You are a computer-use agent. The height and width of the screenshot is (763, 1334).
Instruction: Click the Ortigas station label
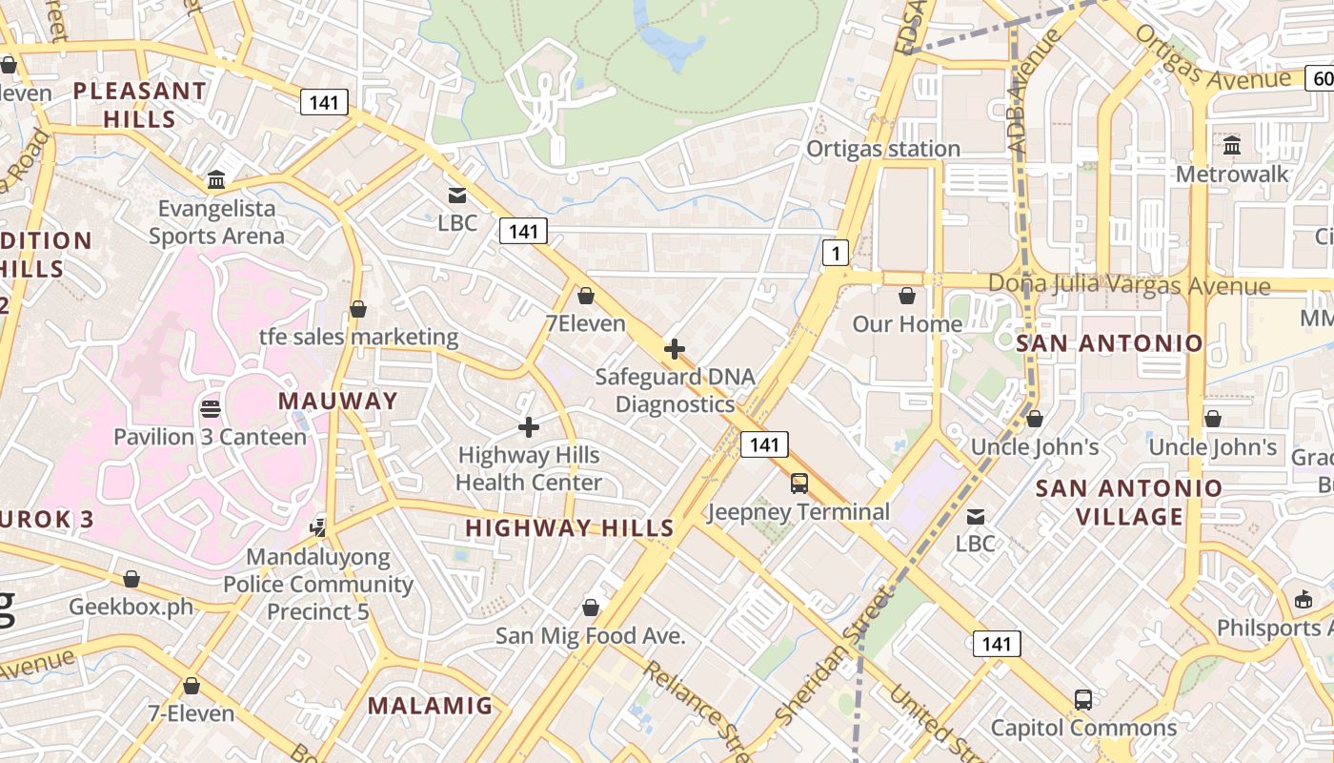pos(883,149)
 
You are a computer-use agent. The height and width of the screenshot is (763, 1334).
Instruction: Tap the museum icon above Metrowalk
pos(1232,146)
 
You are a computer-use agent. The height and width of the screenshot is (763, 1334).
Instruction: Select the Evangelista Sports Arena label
pos(216,222)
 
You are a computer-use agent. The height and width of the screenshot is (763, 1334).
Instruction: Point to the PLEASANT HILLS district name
pos(140,105)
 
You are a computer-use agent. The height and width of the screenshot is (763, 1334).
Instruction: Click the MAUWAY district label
pos(338,401)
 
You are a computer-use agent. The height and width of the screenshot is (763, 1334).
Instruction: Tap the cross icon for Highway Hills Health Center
pos(529,427)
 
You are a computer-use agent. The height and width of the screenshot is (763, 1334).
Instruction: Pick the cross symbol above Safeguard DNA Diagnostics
pos(675,349)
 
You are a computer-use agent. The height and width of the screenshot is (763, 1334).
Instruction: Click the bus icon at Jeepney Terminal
pos(799,484)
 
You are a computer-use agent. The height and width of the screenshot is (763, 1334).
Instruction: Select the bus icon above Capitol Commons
pos(1083,699)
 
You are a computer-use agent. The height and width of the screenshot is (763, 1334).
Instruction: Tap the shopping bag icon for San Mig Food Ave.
pos(591,608)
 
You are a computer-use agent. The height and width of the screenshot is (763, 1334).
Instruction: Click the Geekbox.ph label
pos(131,608)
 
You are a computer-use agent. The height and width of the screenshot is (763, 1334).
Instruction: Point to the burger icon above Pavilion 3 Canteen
pos(211,409)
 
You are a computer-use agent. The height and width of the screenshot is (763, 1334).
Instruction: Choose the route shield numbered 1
pos(836,253)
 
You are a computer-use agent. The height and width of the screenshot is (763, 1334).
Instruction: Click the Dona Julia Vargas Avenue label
pos(1129,285)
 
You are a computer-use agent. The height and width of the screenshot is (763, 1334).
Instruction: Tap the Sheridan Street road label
pos(832,656)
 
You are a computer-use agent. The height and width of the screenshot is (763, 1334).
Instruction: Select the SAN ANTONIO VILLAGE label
pos(1129,503)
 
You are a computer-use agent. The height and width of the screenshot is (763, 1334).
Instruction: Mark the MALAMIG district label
pos(431,706)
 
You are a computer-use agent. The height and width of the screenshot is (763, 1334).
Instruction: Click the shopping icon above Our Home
pos(907,296)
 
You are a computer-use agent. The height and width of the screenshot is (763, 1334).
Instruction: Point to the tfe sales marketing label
pos(359,337)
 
